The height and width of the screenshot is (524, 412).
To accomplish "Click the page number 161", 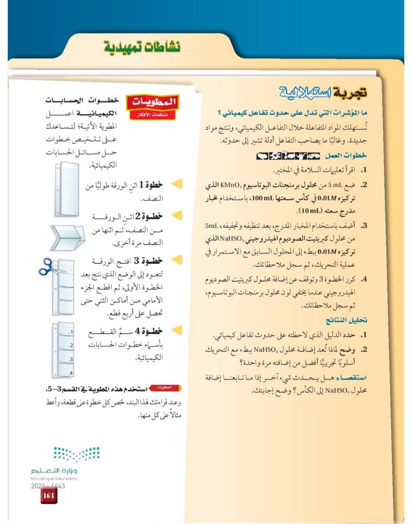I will (x=49, y=496).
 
